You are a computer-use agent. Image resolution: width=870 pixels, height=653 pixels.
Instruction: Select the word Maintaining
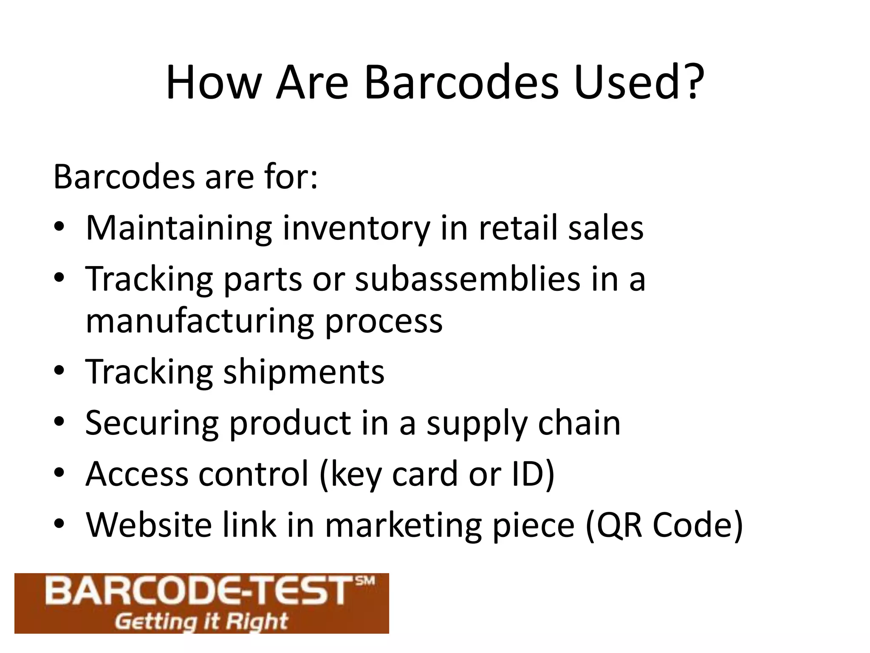tap(179, 229)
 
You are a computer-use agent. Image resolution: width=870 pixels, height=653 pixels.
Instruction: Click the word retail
tap(518, 228)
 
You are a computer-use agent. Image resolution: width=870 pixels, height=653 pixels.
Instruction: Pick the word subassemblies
tap(468, 279)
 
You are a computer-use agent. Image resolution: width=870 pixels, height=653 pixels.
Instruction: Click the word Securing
tap(152, 424)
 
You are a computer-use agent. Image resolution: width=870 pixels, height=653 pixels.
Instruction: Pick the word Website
tap(149, 525)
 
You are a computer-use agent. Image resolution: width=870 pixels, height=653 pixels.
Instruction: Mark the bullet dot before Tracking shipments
tap(59, 371)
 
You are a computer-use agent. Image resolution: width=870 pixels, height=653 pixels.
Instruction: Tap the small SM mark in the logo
tap(365, 581)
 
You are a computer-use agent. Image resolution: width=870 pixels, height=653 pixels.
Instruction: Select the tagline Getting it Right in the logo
tap(201, 622)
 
